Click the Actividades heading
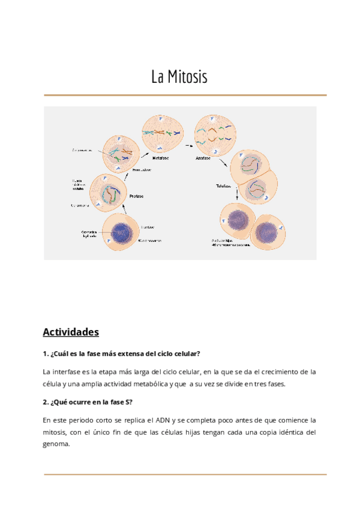(x=71, y=332)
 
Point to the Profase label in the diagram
(x=136, y=196)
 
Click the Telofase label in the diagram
(x=224, y=186)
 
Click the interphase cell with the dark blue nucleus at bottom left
(x=122, y=232)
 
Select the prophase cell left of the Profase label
(x=109, y=193)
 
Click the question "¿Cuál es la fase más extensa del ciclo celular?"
(x=122, y=353)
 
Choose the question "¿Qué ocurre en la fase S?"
(x=88, y=402)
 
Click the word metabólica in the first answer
(x=159, y=384)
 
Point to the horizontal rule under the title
(x=185, y=95)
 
